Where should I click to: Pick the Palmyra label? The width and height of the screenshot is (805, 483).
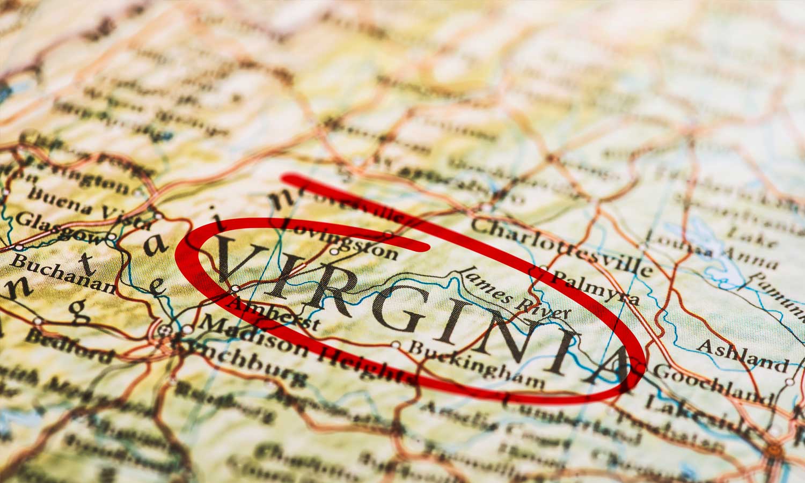coord(596,287)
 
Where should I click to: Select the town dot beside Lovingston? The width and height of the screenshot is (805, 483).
coord(334,251)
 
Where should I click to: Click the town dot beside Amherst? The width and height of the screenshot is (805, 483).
coord(235,289)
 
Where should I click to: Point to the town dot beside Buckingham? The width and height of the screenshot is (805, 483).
coord(396,345)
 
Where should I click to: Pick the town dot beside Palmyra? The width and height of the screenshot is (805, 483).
coord(543,269)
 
